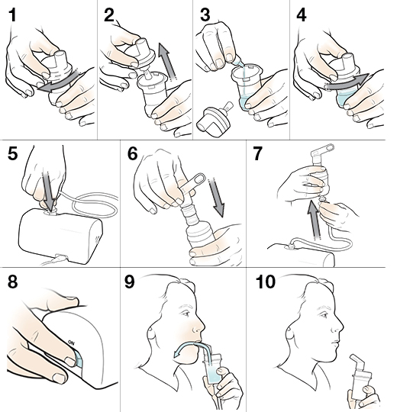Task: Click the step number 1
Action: pos(12,15)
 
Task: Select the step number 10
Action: pos(266,282)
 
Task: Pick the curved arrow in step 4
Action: pos(347,82)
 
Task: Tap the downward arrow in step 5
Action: pos(49,188)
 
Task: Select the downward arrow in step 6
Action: pos(217,197)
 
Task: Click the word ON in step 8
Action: pos(71,343)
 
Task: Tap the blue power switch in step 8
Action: pos(78,358)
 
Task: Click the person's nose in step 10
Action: pos(340,328)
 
